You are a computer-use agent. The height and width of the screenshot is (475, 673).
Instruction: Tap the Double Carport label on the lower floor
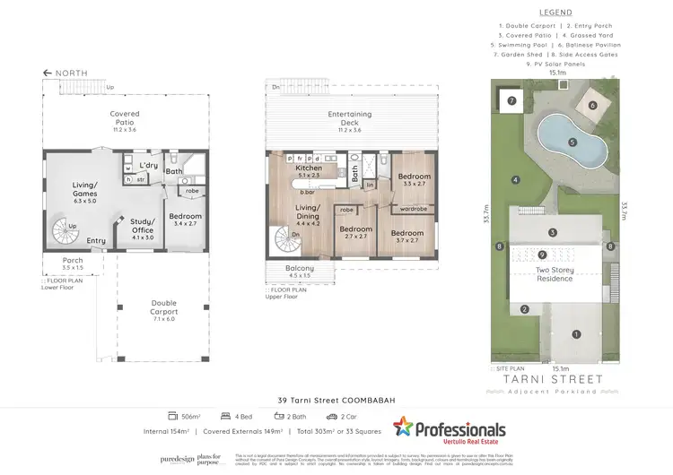tap(164, 307)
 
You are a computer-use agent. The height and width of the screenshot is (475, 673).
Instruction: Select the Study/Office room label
tap(143, 225)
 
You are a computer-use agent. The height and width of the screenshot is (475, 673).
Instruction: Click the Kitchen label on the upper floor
tap(309, 170)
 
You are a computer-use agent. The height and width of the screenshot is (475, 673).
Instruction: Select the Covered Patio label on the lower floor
tap(125, 118)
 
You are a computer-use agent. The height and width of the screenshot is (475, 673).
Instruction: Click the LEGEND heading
tap(556, 13)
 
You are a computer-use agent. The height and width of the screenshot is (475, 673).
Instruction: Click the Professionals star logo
tap(406, 428)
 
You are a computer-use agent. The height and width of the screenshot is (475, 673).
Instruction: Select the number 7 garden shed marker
tap(511, 101)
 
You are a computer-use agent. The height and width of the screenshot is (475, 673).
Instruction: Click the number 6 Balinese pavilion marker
tap(591, 105)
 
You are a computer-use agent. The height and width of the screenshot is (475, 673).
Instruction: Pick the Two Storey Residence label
tap(555, 273)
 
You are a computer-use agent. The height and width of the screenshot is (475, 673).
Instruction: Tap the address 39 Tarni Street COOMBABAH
tap(336, 400)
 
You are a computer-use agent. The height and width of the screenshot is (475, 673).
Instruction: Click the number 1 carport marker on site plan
tap(576, 334)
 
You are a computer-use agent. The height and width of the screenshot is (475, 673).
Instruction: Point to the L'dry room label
tap(147, 164)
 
